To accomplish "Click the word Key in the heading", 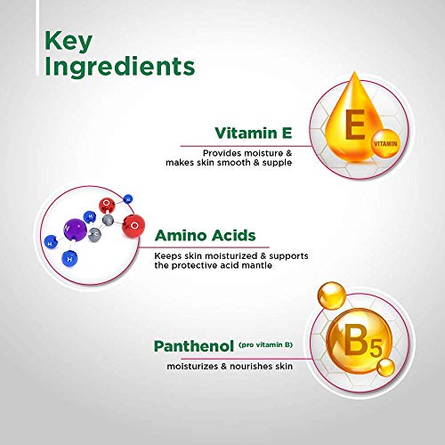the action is (69, 42).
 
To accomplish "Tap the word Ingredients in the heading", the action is (120, 67).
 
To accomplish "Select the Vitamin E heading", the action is (254, 133).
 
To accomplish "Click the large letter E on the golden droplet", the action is (355, 125).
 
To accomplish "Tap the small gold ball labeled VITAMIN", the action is (385, 144).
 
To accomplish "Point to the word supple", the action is (277, 163).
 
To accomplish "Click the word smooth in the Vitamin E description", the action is (233, 162).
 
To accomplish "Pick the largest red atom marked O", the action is (133, 226).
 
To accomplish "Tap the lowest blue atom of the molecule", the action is (69, 259).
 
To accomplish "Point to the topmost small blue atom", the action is (128, 199).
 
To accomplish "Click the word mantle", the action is (256, 265).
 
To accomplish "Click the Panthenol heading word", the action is (194, 346).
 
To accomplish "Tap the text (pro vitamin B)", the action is (265, 344).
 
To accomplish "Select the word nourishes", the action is (251, 367).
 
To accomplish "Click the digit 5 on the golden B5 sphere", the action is (376, 348).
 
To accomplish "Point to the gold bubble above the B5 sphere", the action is (332, 295).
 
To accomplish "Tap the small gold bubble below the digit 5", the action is (385, 367).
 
